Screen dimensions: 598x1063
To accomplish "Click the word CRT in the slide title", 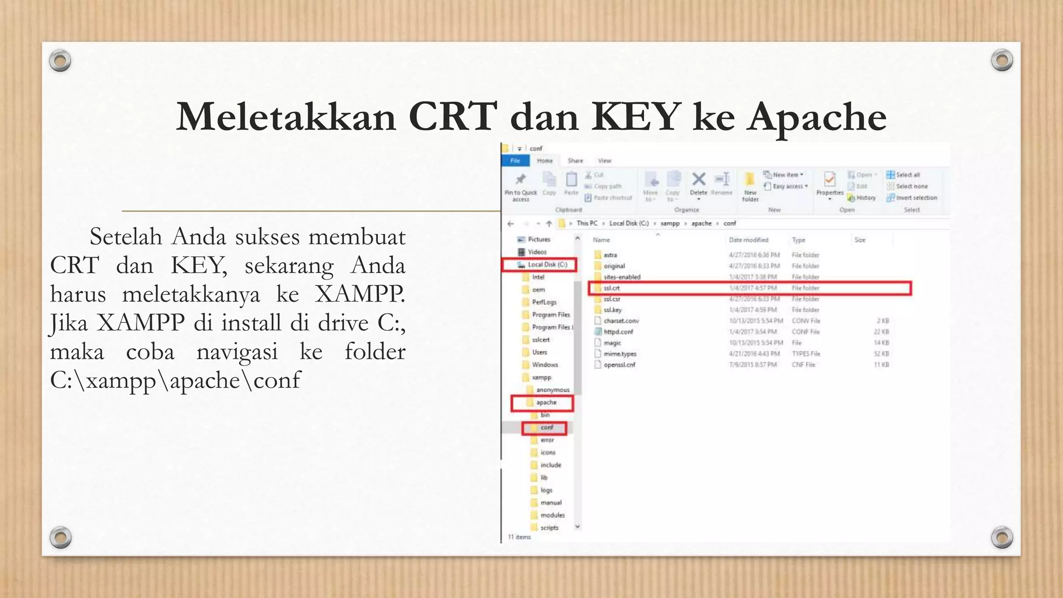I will tap(452, 117).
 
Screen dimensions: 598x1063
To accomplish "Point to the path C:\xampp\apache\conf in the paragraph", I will tap(175, 380).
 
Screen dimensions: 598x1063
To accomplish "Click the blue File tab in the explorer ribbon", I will tap(515, 161).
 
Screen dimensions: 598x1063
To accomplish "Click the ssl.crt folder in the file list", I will tap(611, 288).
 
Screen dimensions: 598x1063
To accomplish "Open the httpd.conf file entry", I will tap(618, 332).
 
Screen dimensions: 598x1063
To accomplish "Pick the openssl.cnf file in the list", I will tap(619, 365).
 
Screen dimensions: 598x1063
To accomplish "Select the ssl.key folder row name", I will tap(612, 310).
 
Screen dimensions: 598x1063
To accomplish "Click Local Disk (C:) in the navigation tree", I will tap(547, 265).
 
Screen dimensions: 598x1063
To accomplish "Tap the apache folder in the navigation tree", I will tap(546, 403).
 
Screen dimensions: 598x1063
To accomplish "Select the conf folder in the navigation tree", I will tap(547, 428).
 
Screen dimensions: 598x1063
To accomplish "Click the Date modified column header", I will tap(748, 240).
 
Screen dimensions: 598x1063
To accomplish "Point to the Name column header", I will tap(602, 240).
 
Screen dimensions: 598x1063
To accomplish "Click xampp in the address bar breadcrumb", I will tap(670, 224).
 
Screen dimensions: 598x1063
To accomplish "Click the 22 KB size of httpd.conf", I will tap(881, 332).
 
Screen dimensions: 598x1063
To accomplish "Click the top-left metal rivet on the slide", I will tap(60, 61).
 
